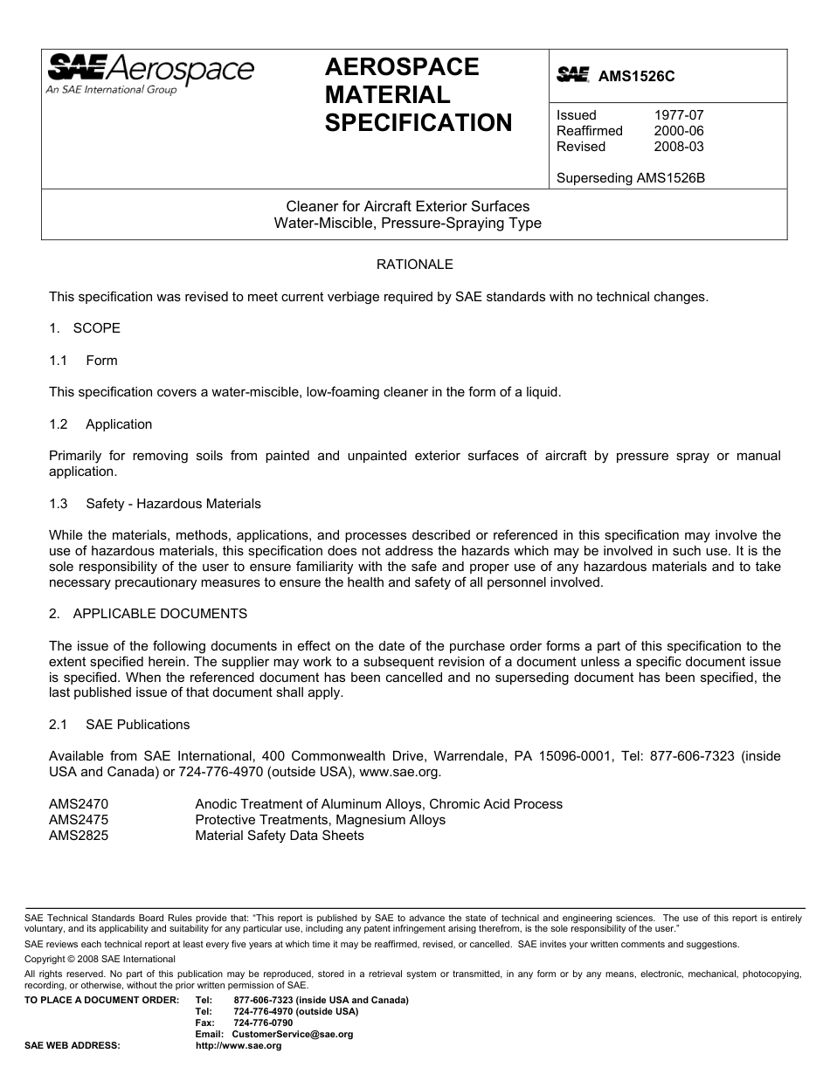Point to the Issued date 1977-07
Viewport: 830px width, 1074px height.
coord(679,115)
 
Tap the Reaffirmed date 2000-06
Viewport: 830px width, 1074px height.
coord(679,131)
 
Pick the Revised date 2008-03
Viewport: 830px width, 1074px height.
coord(679,147)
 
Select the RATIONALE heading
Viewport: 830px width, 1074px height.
coord(414,264)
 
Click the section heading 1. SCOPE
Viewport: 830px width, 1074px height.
coord(85,328)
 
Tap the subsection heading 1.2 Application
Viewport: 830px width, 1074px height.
coord(101,424)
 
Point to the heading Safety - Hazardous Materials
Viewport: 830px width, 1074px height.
coord(173,504)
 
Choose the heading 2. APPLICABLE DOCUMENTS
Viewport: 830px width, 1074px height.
coord(148,614)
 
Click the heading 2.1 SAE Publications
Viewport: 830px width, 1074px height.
coord(120,725)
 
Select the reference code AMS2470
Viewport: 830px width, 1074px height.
coord(79,804)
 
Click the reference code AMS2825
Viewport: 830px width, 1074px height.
coord(79,836)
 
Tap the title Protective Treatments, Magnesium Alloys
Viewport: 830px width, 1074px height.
coord(320,820)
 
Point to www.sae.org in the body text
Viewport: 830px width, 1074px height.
coord(399,772)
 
